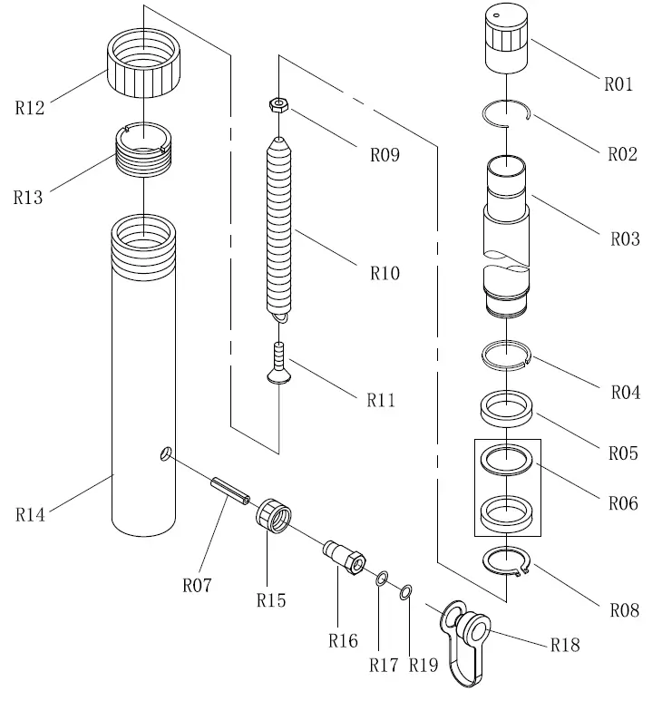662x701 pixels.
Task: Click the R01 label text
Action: (x=618, y=84)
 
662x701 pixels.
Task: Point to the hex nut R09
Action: (x=280, y=105)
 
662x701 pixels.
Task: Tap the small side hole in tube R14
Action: (x=163, y=453)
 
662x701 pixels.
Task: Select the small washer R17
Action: (x=384, y=578)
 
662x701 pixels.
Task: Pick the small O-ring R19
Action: (x=406, y=591)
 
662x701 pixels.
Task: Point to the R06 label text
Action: (x=623, y=501)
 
